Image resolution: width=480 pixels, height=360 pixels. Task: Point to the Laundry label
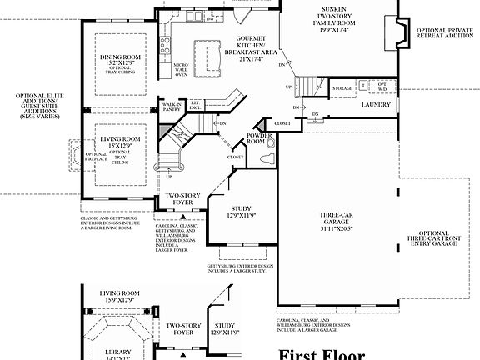(x=377, y=106)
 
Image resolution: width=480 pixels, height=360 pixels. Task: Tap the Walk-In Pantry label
(x=172, y=105)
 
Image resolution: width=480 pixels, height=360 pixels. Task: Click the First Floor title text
(x=321, y=353)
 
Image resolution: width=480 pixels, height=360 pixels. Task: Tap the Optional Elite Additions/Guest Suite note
(x=38, y=107)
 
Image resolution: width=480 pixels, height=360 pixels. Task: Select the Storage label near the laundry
(x=342, y=87)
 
